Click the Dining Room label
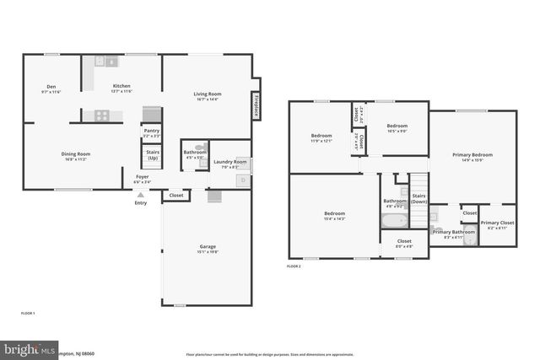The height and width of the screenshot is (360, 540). point(76,153)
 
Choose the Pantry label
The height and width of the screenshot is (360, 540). point(152,131)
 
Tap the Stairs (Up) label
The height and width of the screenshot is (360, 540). point(153,155)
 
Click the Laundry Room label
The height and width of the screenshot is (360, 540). point(229,161)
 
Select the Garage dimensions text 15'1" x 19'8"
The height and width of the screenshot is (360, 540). point(207,251)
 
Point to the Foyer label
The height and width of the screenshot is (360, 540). point(142,177)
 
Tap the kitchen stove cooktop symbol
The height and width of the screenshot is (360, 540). point(102,115)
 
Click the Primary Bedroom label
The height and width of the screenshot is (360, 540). point(472,155)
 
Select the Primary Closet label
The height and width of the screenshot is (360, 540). point(497,223)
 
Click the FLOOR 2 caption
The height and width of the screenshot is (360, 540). point(294,266)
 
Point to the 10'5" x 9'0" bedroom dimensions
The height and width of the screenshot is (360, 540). point(397,131)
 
